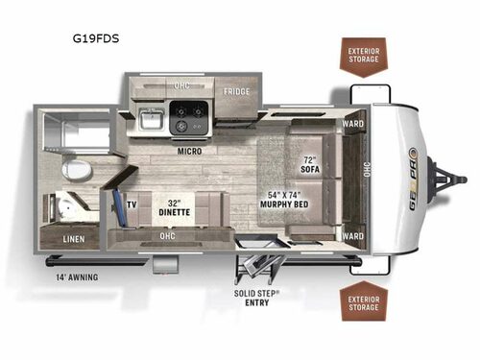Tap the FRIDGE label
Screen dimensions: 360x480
point(237,93)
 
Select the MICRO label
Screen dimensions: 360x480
point(187,151)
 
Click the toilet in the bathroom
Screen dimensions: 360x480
point(76,171)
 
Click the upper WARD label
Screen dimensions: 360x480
point(351,124)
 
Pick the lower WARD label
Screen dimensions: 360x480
point(351,236)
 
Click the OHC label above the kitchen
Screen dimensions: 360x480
point(180,85)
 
